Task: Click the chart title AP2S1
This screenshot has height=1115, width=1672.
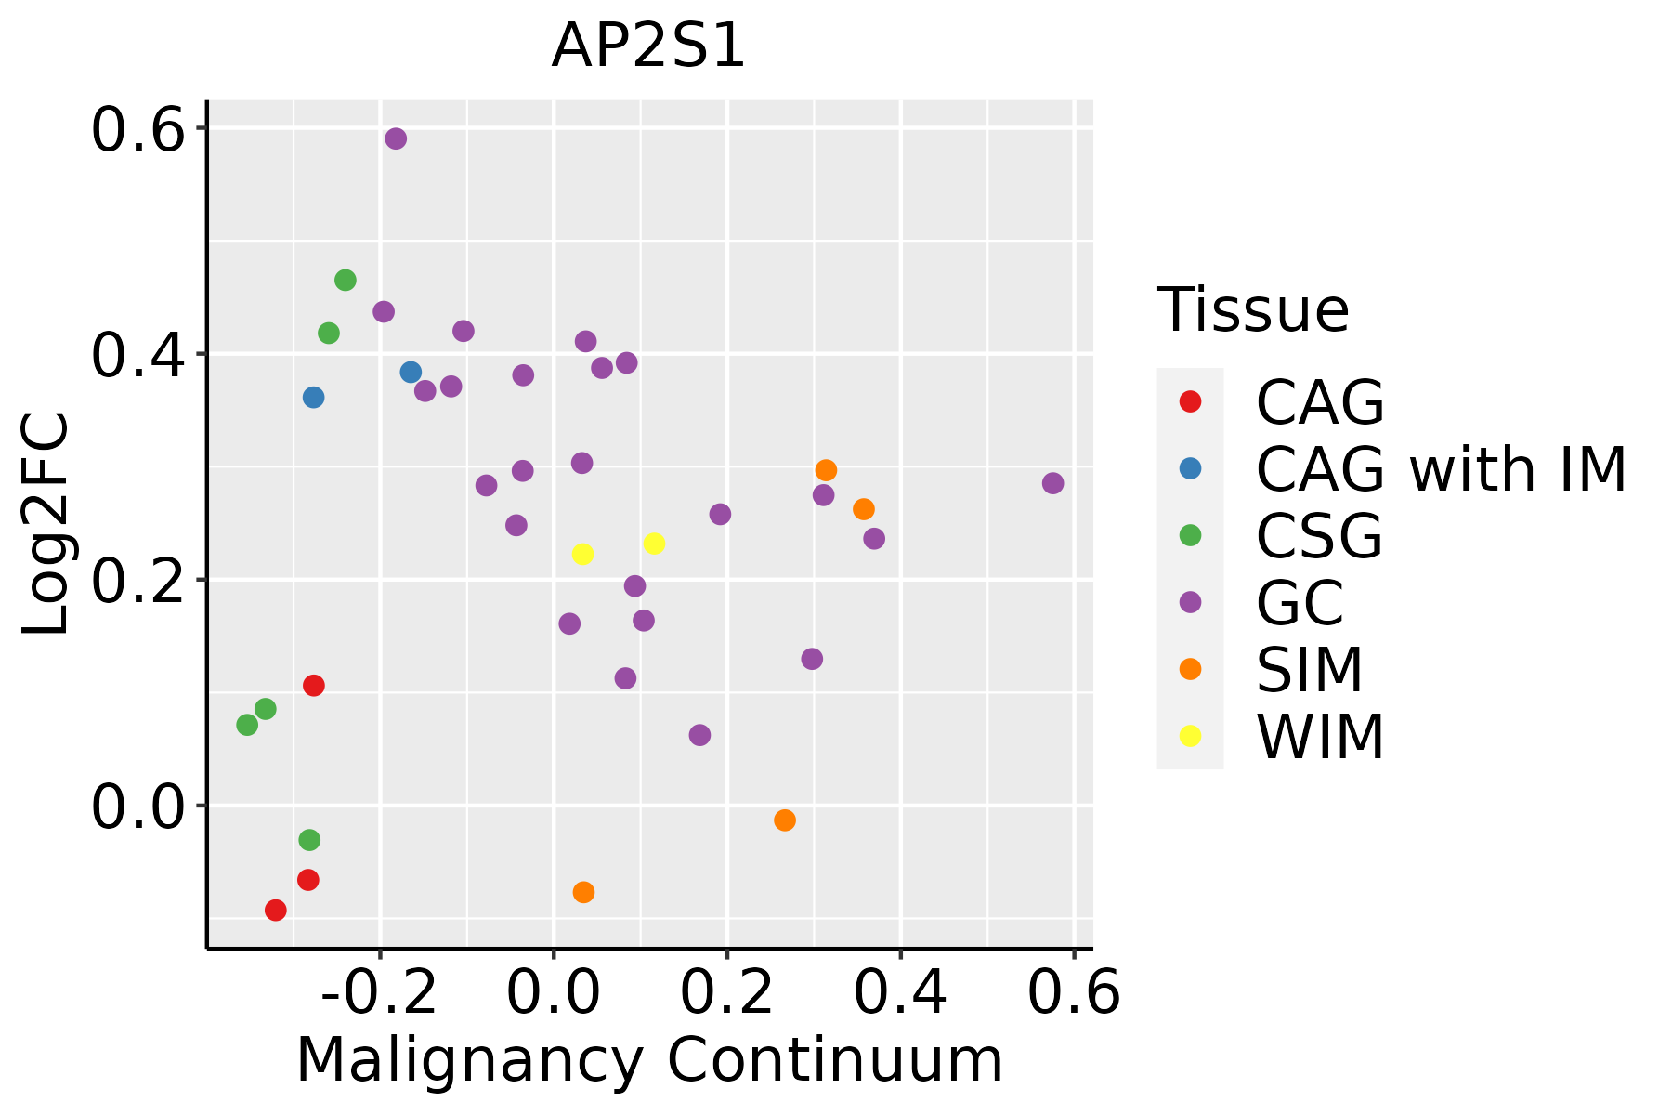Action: [648, 46]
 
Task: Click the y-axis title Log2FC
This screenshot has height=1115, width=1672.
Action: [46, 524]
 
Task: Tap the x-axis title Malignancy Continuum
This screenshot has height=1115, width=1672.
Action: [648, 1060]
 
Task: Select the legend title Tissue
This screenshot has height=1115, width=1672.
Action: [1253, 310]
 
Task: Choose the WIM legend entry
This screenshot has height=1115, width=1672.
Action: [1320, 737]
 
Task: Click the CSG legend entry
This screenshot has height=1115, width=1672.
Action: [1319, 536]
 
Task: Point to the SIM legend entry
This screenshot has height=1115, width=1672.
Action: [1309, 670]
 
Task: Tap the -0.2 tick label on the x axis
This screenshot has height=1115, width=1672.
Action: [379, 993]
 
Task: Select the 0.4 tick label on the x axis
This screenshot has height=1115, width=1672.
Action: [899, 993]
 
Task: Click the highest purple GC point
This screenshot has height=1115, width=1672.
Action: [396, 138]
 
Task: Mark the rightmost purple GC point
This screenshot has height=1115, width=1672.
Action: [1052, 483]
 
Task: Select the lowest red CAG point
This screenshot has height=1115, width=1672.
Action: [275, 910]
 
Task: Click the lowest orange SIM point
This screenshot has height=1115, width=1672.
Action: [583, 892]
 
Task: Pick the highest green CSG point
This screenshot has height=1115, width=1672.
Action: [346, 280]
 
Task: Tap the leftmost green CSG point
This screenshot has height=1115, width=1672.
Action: [247, 725]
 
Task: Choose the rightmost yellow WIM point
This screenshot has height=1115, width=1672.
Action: [654, 544]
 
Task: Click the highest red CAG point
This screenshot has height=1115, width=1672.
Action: [314, 686]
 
